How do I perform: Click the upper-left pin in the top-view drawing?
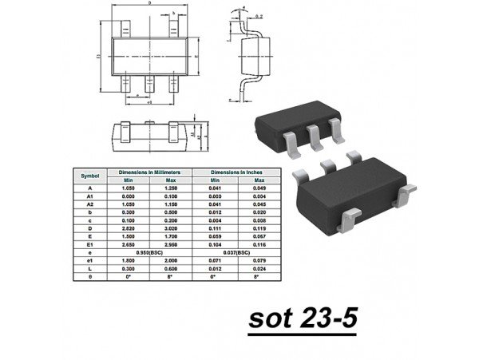coord(125,27)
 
